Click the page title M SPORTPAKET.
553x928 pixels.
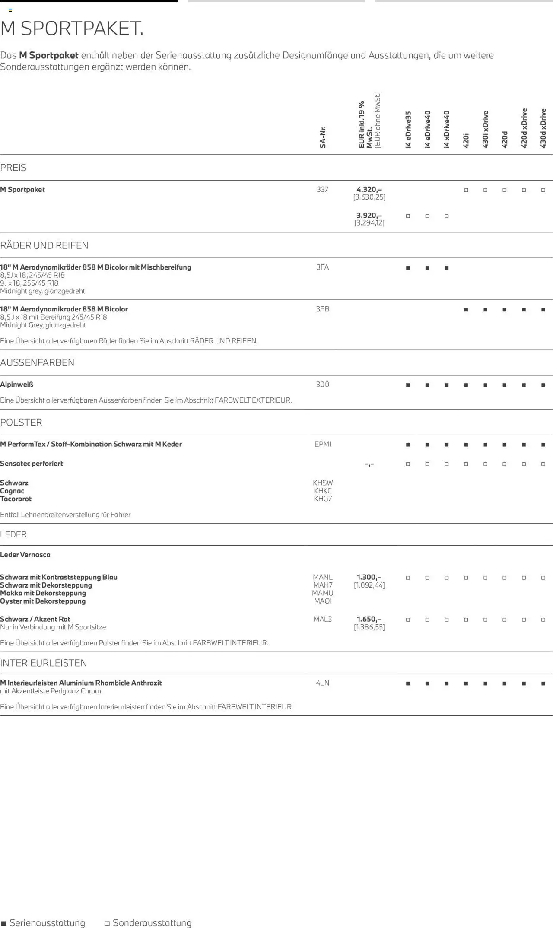(x=72, y=29)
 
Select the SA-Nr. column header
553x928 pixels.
(x=323, y=137)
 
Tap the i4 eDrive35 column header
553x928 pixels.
(x=408, y=130)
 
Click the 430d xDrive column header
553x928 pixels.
(x=543, y=128)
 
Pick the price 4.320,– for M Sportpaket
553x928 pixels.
(x=369, y=189)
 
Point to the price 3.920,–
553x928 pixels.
(x=369, y=215)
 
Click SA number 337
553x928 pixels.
(x=323, y=189)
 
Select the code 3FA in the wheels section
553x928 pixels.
(x=323, y=267)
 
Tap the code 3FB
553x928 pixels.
(x=323, y=309)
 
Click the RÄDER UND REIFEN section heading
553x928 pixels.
(x=44, y=245)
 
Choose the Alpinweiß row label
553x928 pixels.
(x=17, y=384)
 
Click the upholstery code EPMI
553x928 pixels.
(x=323, y=444)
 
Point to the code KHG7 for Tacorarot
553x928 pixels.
(x=323, y=499)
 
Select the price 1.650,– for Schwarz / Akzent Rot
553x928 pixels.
(x=369, y=619)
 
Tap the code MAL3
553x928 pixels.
(x=323, y=619)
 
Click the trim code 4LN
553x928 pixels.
(x=323, y=683)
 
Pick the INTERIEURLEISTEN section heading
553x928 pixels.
(x=44, y=663)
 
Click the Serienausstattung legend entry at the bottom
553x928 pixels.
(x=43, y=922)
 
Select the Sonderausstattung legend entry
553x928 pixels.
(x=148, y=922)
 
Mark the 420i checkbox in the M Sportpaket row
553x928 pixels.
(x=466, y=190)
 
